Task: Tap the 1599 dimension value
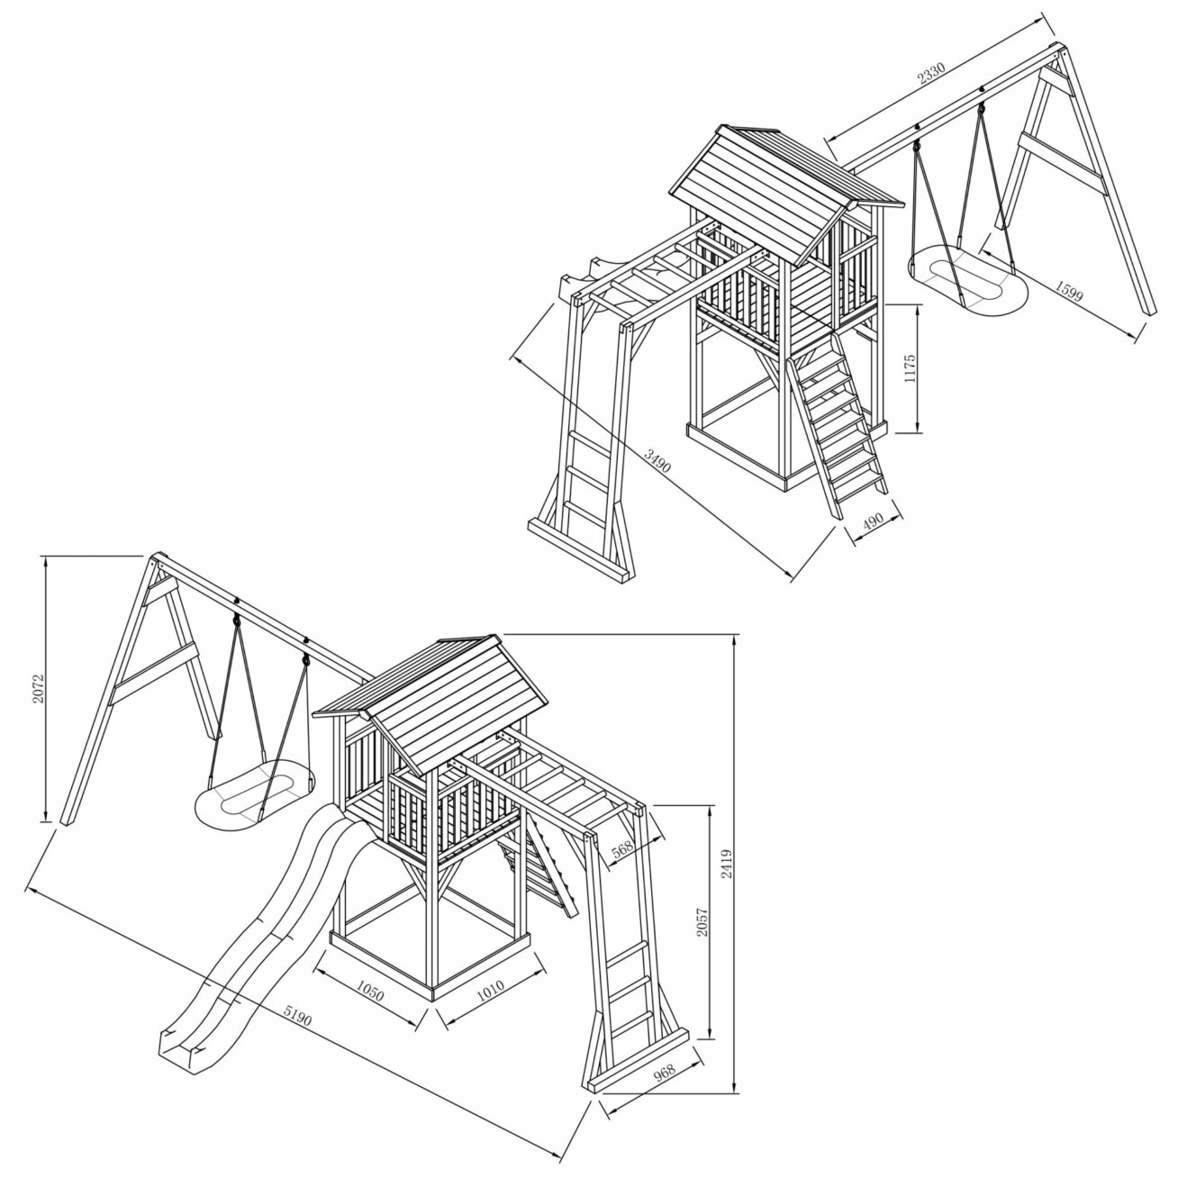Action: (1068, 292)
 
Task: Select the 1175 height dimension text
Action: (911, 368)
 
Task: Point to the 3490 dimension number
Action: (657, 460)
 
